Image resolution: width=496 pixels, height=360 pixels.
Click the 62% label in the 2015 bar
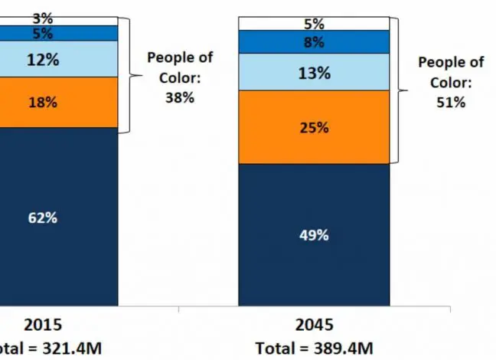pyautogui.click(x=43, y=218)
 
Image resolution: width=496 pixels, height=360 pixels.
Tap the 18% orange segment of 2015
pyautogui.click(x=43, y=102)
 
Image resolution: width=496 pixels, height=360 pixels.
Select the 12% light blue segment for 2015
pyautogui.click(x=43, y=59)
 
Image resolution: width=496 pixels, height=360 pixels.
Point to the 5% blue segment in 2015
pyautogui.click(x=43, y=33)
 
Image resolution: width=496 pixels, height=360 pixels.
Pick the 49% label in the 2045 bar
pyautogui.click(x=314, y=235)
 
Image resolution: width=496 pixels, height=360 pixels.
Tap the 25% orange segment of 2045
pyautogui.click(x=314, y=127)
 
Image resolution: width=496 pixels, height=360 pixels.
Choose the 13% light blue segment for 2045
pyautogui.click(x=314, y=73)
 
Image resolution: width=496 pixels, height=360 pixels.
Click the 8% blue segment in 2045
pyautogui.click(x=314, y=42)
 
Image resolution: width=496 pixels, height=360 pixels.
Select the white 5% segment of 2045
pyautogui.click(x=314, y=24)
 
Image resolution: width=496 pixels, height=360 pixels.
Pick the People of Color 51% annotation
pyautogui.click(x=450, y=82)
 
